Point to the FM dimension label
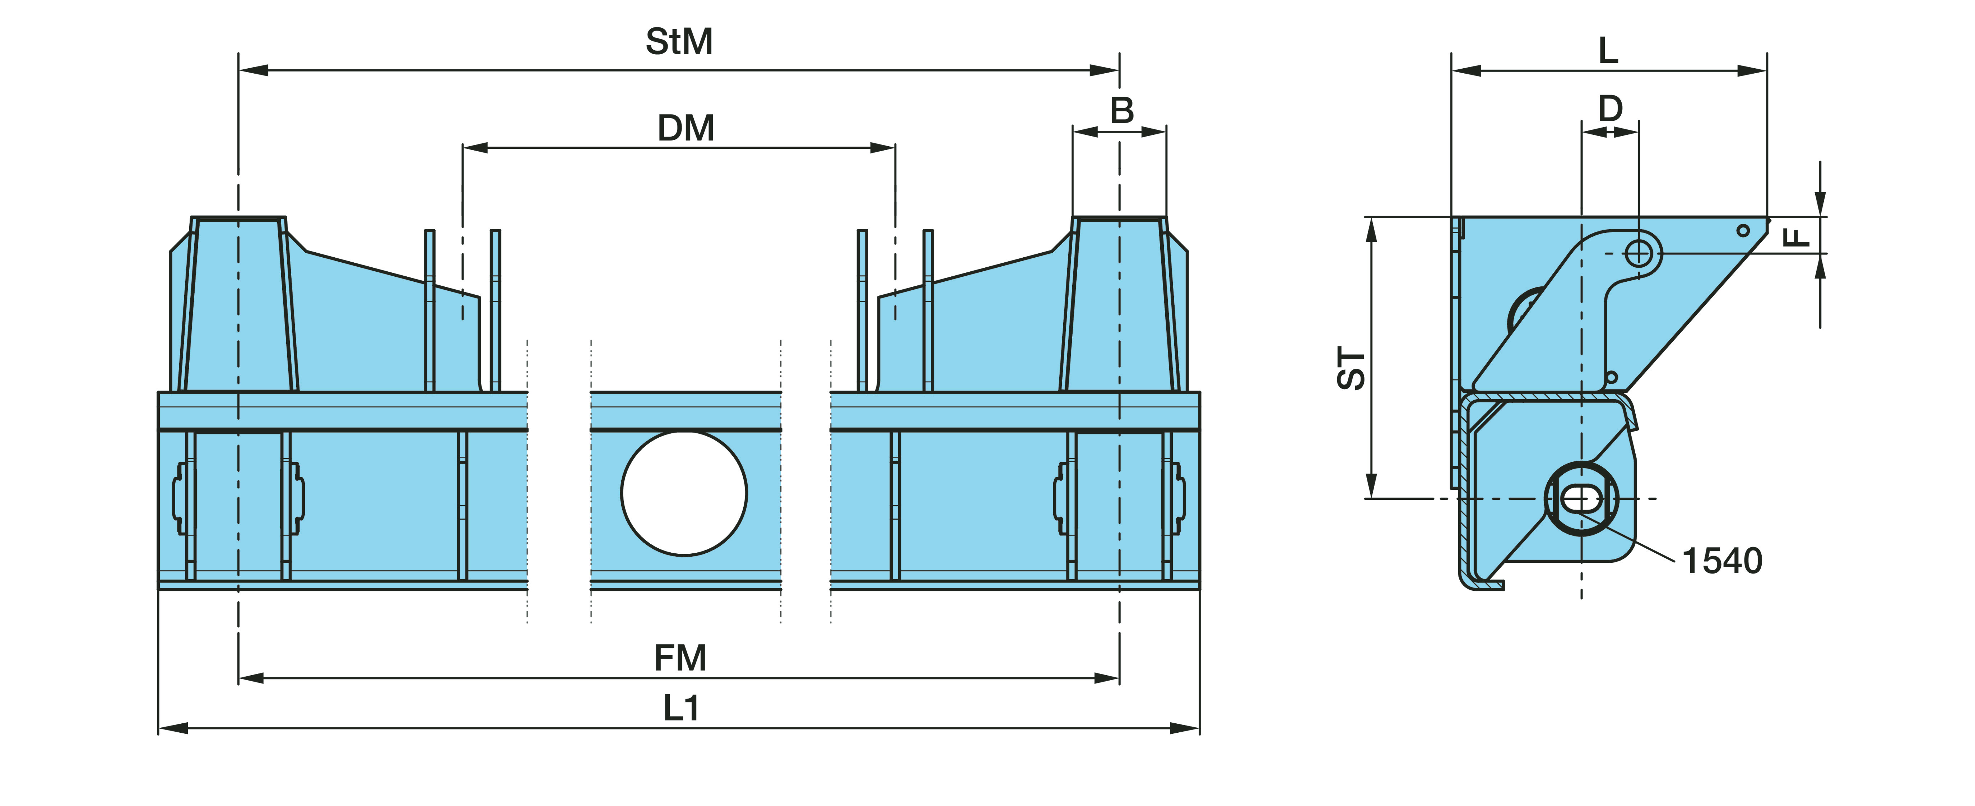[x=680, y=658]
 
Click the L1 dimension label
[x=681, y=709]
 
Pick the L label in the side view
[x=1608, y=51]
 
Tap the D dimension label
[x=1610, y=109]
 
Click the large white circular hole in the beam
[x=684, y=493]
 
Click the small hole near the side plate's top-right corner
[x=1743, y=230]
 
